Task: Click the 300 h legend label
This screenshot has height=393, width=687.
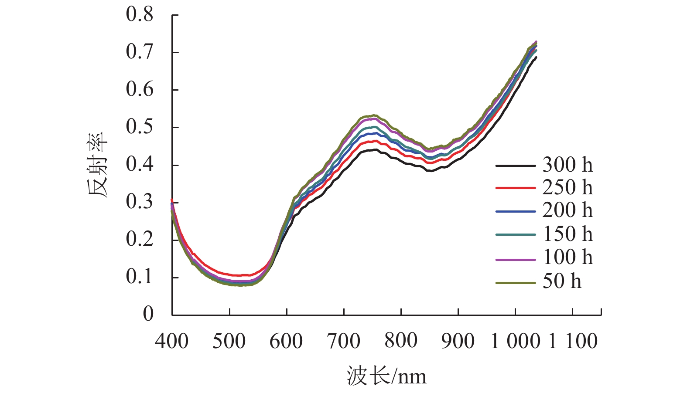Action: (x=567, y=165)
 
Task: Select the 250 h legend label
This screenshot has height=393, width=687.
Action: (x=567, y=187)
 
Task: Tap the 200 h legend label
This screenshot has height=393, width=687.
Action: (x=567, y=210)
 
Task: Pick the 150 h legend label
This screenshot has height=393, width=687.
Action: (x=567, y=234)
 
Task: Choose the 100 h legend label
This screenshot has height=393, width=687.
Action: (x=567, y=257)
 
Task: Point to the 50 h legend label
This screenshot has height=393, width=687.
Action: (x=562, y=281)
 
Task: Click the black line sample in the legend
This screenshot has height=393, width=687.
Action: (x=515, y=166)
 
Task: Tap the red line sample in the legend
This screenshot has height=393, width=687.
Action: (x=515, y=188)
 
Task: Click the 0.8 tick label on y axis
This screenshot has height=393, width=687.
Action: (x=140, y=14)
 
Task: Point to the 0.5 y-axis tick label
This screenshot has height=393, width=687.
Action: (x=140, y=127)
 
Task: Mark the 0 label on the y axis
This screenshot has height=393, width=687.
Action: (x=148, y=314)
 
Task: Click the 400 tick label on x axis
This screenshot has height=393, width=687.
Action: (x=172, y=341)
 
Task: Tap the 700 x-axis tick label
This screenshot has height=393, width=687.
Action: (x=344, y=341)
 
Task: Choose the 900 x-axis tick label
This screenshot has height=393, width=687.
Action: (x=458, y=341)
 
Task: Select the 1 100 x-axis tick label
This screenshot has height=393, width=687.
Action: (x=573, y=341)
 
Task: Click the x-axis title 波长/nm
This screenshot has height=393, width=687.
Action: (x=386, y=376)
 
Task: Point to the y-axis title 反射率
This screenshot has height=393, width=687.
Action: (x=98, y=165)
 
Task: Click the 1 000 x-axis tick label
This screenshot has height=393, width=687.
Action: (x=515, y=341)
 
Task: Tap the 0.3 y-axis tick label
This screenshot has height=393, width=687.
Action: (x=140, y=202)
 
